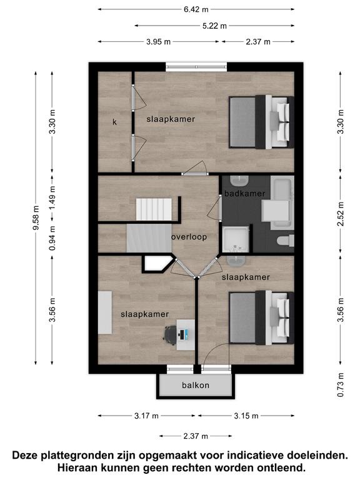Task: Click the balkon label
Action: pyautogui.click(x=196, y=385)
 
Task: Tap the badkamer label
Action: pyautogui.click(x=244, y=194)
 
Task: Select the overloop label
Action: pyautogui.click(x=189, y=237)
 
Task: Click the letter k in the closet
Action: pyautogui.click(x=114, y=122)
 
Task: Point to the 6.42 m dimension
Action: pyautogui.click(x=196, y=9)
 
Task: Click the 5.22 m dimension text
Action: pyautogui.click(x=214, y=26)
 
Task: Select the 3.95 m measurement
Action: pyautogui.click(x=158, y=42)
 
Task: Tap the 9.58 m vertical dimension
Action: pyautogui.click(x=36, y=217)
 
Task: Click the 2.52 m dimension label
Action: pyautogui.click(x=341, y=214)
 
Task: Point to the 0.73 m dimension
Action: pyautogui.click(x=341, y=385)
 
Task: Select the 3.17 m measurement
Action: pyautogui.click(x=146, y=416)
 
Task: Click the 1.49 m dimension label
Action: pyautogui.click(x=52, y=198)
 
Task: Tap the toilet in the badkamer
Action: pyautogui.click(x=285, y=240)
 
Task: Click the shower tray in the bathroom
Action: pyautogui.click(x=236, y=239)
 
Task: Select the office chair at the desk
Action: pyautogui.click(x=171, y=333)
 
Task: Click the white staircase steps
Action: pyautogui.click(x=154, y=209)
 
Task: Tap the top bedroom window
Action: pyautogui.click(x=196, y=67)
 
